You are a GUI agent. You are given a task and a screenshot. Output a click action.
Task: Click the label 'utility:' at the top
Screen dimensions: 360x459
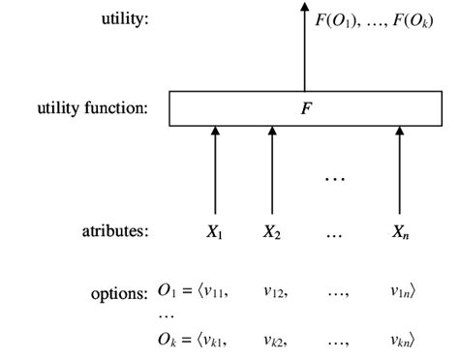tap(124, 19)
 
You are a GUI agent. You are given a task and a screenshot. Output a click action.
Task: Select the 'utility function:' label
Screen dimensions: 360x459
tap(93, 107)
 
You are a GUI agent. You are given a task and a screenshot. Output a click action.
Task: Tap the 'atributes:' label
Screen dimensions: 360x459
tap(115, 231)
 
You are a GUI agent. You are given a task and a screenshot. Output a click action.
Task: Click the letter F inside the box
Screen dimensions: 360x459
tap(306, 108)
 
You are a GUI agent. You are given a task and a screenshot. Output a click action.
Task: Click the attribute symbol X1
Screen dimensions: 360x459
tap(215, 232)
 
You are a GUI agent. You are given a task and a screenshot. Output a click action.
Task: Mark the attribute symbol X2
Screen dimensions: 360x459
tap(272, 232)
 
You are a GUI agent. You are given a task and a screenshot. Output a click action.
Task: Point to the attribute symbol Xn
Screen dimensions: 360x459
tap(399, 232)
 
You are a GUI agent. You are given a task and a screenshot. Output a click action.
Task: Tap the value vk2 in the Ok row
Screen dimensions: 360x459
tap(273, 339)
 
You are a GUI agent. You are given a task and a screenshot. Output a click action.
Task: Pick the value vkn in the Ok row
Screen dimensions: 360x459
tap(402, 339)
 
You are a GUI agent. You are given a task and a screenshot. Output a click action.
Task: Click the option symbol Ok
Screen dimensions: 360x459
tap(167, 339)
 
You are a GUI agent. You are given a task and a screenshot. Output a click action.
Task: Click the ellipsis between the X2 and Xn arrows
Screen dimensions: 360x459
tap(335, 178)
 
